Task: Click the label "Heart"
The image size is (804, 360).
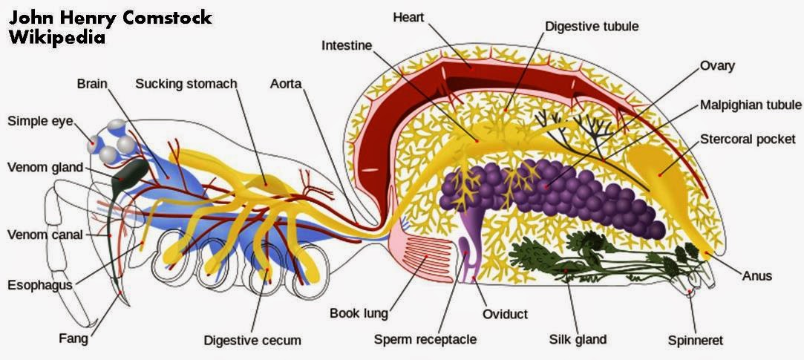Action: [x=409, y=16]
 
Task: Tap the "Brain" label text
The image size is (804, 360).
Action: [x=93, y=84]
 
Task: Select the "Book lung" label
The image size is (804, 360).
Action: [x=359, y=313]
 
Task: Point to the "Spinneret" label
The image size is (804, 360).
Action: [x=695, y=341]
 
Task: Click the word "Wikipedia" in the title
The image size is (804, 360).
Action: [x=57, y=37]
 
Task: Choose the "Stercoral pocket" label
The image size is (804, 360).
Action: [x=748, y=139]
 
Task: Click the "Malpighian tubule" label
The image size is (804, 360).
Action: [x=751, y=105]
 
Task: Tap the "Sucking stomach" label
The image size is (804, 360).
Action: [x=186, y=84]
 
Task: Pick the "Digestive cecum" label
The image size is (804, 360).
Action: [x=252, y=341]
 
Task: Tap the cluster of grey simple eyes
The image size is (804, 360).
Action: [x=111, y=141]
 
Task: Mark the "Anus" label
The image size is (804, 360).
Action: [x=757, y=276]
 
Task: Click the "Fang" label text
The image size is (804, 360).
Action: [x=73, y=339]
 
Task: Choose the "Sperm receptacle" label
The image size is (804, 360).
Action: [x=425, y=340]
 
